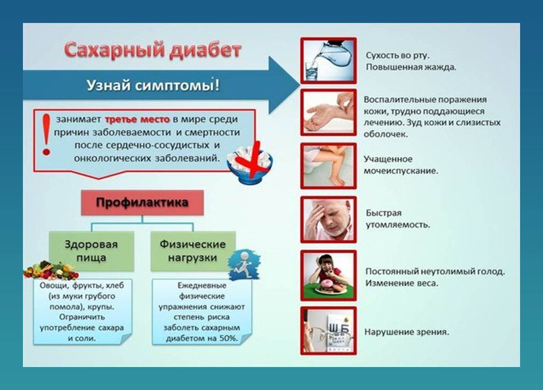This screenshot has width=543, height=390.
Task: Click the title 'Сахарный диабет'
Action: click(x=152, y=50)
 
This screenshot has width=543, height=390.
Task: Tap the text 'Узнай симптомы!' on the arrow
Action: click(x=153, y=85)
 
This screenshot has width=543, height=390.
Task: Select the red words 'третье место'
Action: click(x=137, y=119)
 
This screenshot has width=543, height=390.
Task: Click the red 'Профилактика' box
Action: click(x=142, y=203)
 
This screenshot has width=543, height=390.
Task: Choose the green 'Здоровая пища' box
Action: click(x=91, y=251)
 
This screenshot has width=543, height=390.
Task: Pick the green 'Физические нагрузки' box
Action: click(x=193, y=251)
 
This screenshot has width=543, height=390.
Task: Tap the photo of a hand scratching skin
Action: click(x=328, y=113)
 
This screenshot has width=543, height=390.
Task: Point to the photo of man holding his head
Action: click(x=328, y=220)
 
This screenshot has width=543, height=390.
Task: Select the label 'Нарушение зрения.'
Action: click(x=406, y=332)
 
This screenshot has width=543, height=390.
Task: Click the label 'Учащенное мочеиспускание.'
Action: click(x=401, y=165)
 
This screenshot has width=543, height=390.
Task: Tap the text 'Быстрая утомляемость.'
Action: click(x=397, y=219)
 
